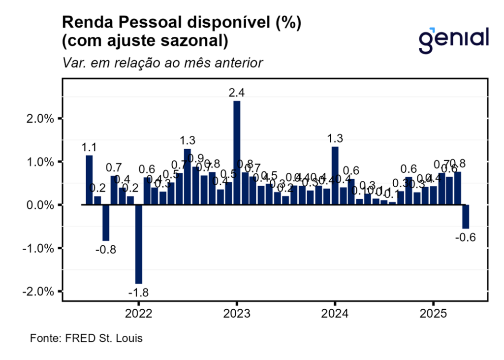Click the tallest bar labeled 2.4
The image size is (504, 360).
click(x=237, y=153)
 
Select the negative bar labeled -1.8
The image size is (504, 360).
click(x=139, y=244)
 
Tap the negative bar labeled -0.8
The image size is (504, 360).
click(x=106, y=222)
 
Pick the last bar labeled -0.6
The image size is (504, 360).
click(x=466, y=217)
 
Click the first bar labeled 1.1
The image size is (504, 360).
click(x=89, y=180)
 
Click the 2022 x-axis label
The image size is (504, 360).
click(x=138, y=314)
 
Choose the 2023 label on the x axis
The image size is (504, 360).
click(x=237, y=314)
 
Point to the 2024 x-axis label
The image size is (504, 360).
click(x=335, y=314)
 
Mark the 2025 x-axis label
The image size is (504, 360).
click(x=433, y=314)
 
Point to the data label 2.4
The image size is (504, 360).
click(x=237, y=93)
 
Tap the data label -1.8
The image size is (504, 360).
click(x=138, y=293)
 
